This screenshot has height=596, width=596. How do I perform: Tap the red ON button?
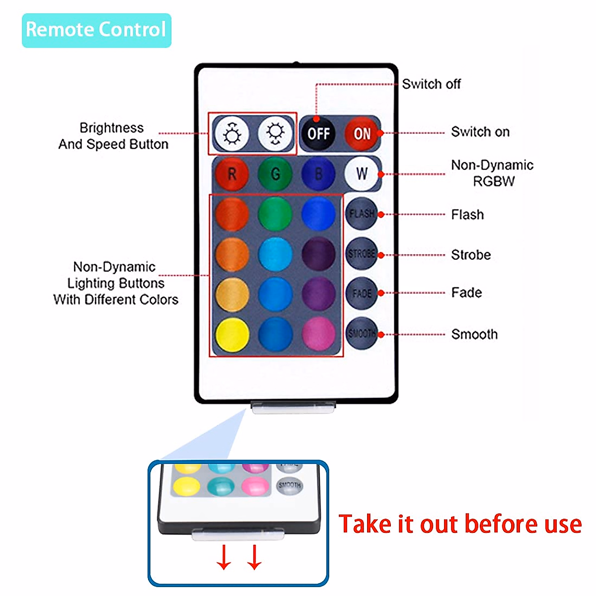click(362, 134)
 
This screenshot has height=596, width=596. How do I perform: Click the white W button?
click(361, 174)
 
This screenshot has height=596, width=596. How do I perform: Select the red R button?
click(231, 174)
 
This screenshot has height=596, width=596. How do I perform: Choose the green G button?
click(275, 174)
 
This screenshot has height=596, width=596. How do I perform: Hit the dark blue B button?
click(318, 174)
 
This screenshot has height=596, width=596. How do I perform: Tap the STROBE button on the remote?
click(361, 254)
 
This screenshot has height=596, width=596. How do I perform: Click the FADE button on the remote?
click(361, 293)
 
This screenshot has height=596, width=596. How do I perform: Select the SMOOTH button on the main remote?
click(361, 333)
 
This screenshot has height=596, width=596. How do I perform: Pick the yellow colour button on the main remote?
click(232, 334)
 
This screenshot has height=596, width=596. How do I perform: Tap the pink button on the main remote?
click(318, 334)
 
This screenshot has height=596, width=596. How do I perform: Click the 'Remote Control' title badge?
click(96, 30)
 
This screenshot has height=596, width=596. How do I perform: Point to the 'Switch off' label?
click(431, 84)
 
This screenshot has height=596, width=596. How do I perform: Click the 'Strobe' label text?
click(471, 255)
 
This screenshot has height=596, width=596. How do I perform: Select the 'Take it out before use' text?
click(460, 524)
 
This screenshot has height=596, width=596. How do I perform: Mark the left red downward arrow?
click(224, 557)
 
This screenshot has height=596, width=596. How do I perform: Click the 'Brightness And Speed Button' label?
click(113, 136)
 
